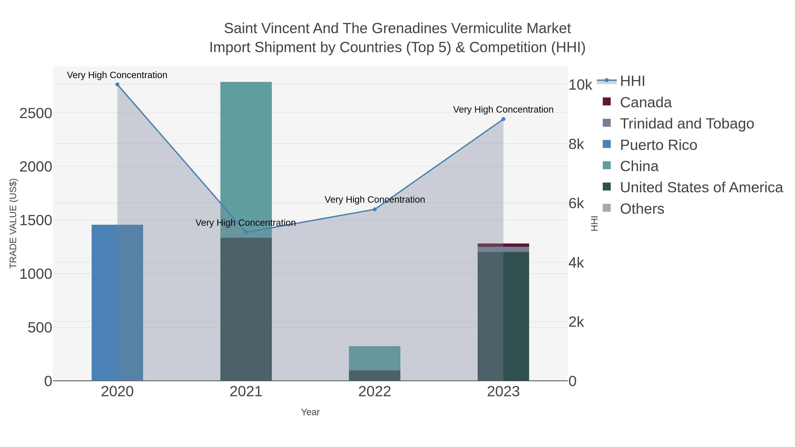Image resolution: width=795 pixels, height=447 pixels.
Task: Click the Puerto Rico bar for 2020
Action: pyautogui.click(x=117, y=302)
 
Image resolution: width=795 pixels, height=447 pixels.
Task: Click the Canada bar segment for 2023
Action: pyautogui.click(x=503, y=245)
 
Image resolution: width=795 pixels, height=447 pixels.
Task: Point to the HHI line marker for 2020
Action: pyautogui.click(x=117, y=85)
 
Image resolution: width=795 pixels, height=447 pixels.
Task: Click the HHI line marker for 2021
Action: pyautogui.click(x=246, y=232)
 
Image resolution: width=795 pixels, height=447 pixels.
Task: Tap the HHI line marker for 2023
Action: pyautogui.click(x=503, y=119)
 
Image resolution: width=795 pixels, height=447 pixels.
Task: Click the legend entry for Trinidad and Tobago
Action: pyautogui.click(x=687, y=124)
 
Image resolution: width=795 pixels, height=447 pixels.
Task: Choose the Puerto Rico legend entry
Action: pyautogui.click(x=658, y=145)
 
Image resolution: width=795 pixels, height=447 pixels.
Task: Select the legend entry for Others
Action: pyautogui.click(x=642, y=209)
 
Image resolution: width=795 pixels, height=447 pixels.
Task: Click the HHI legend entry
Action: pyautogui.click(x=632, y=81)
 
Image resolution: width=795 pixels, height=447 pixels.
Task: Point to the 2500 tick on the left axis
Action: pyautogui.click(x=36, y=113)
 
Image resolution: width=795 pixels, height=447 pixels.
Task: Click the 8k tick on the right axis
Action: pyautogui.click(x=576, y=144)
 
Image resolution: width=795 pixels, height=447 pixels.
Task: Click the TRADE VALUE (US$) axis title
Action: pyautogui.click(x=13, y=223)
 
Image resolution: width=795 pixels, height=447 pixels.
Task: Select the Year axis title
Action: pyautogui.click(x=310, y=412)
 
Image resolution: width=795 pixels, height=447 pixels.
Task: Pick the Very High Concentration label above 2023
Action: pyautogui.click(x=503, y=109)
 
